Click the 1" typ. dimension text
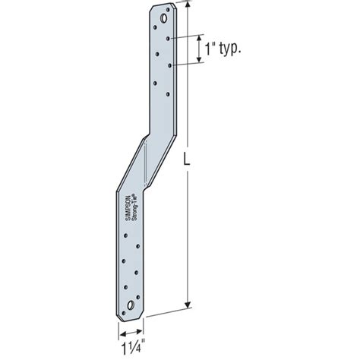(222, 49)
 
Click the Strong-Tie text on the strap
(131, 208)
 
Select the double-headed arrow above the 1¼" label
(131, 331)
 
